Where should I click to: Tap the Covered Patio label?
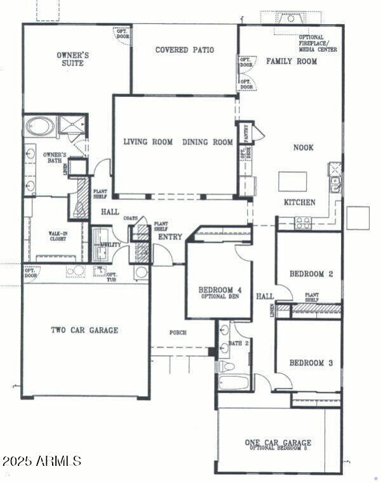click(x=184, y=50)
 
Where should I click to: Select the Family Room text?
click(x=291, y=61)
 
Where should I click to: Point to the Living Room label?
click(x=148, y=142)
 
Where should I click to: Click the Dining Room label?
click(x=208, y=142)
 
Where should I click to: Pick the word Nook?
click(x=303, y=148)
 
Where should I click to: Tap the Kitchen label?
click(x=299, y=202)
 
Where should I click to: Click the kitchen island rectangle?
click(x=293, y=181)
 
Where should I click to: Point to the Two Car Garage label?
click(x=84, y=330)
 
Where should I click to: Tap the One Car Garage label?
click(x=278, y=442)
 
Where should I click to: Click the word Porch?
click(x=177, y=333)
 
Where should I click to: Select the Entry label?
click(x=170, y=237)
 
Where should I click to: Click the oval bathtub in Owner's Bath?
click(x=40, y=127)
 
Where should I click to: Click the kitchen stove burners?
click(x=303, y=222)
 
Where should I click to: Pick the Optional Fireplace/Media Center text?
click(x=317, y=44)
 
